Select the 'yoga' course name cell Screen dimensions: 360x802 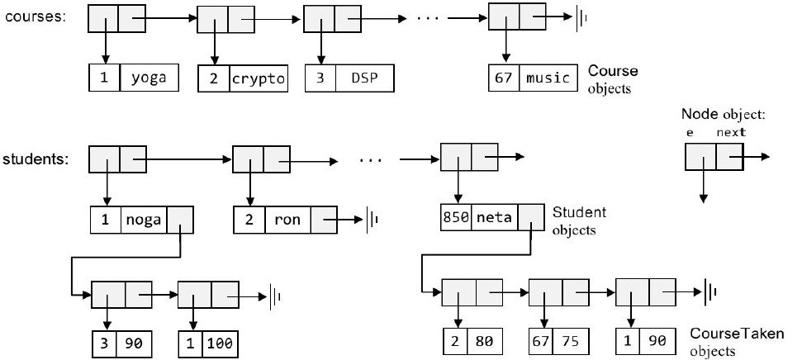click(149, 79)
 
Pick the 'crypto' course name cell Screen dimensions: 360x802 click(259, 79)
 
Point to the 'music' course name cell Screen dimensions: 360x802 click(548, 78)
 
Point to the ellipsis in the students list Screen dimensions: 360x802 click(373, 159)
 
